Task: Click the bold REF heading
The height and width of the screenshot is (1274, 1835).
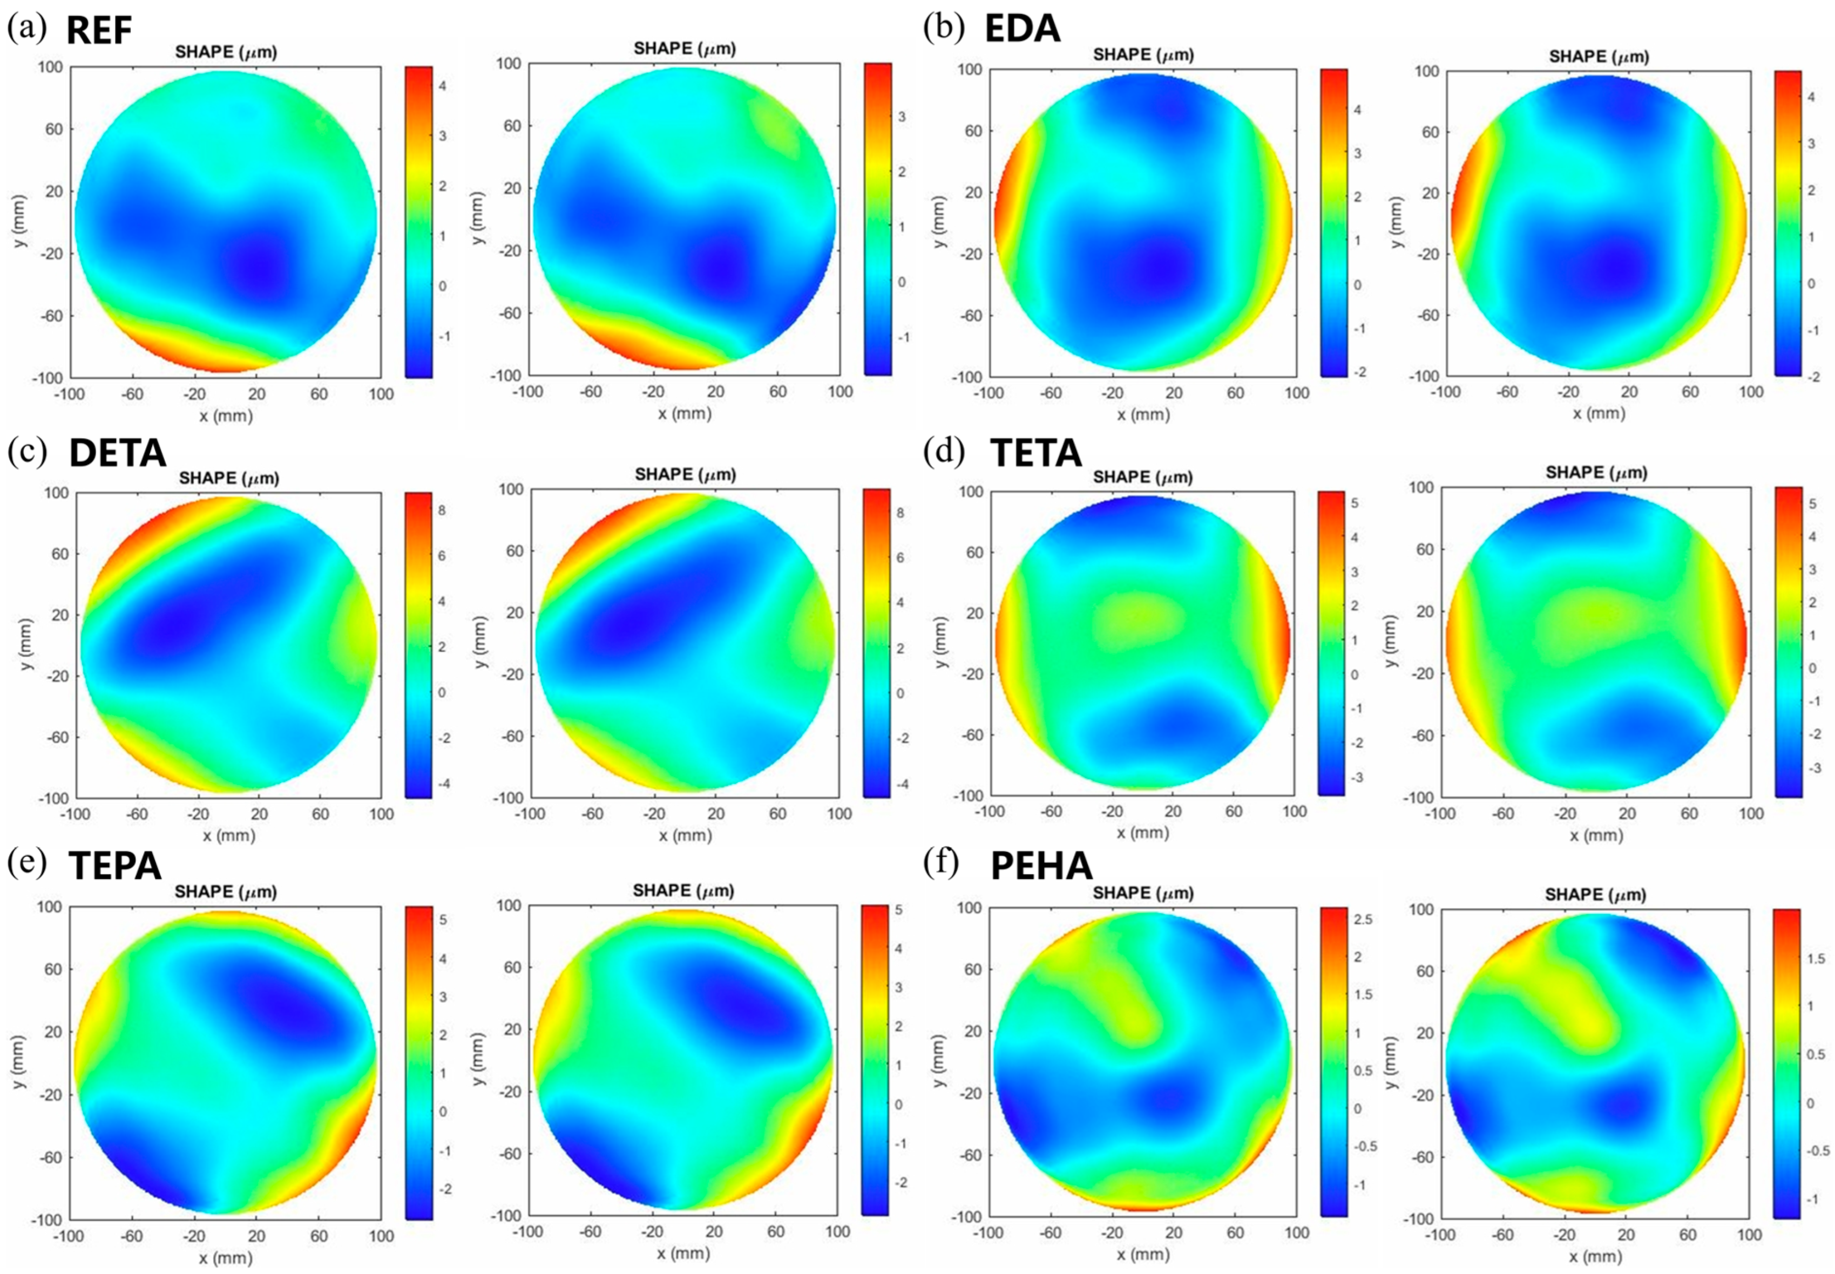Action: point(98,30)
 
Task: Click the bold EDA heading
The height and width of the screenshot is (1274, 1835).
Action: point(1021,29)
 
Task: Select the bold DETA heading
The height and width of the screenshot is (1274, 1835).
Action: point(117,453)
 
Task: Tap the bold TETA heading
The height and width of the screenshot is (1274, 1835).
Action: point(1035,453)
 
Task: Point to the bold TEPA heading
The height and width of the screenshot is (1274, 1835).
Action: point(115,866)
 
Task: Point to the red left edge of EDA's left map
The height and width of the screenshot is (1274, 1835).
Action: point(1005,215)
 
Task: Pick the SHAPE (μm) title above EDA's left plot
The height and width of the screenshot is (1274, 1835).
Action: point(1143,54)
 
